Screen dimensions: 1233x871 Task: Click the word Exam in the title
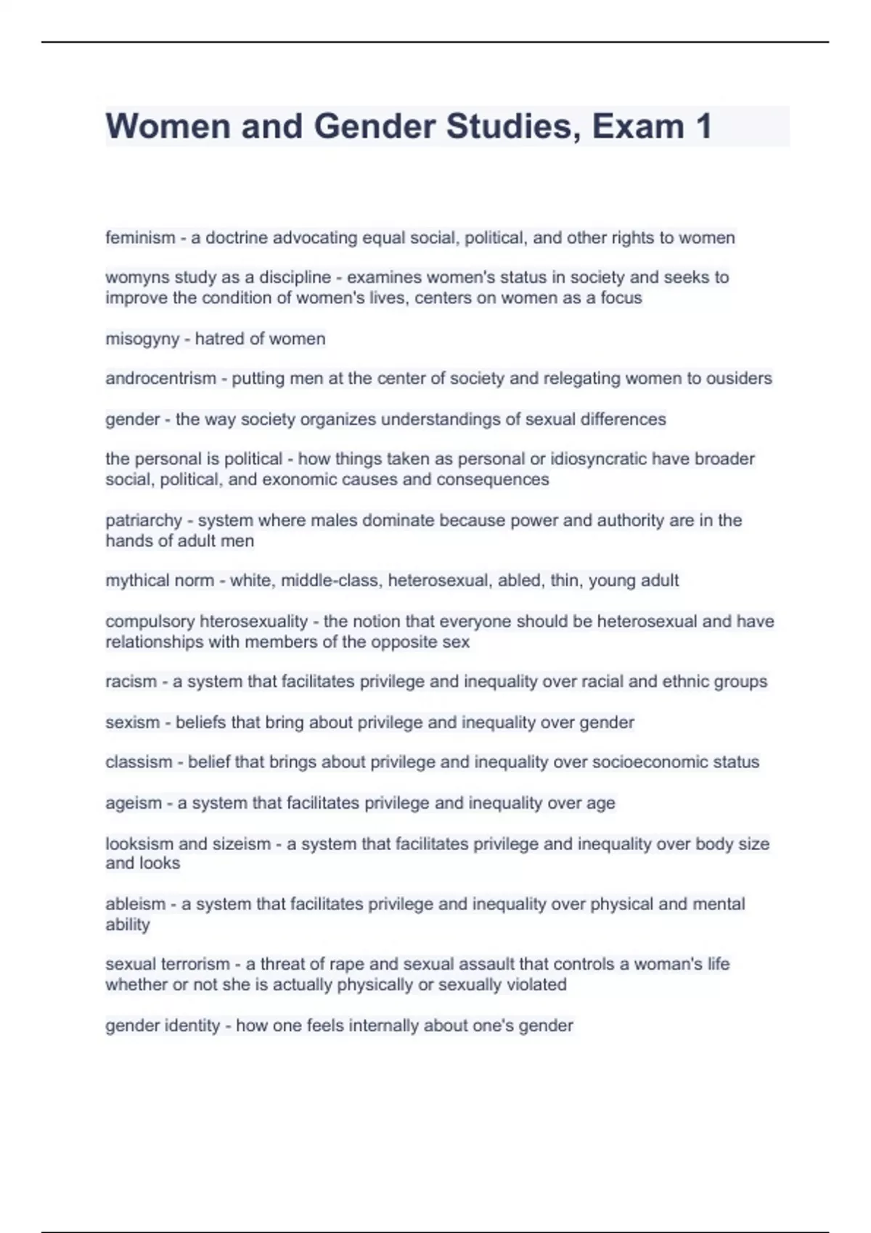(637, 126)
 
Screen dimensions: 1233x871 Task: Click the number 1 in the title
(703, 126)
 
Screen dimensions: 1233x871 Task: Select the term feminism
(140, 238)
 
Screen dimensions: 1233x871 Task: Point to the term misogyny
(142, 339)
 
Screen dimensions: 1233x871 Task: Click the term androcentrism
(160, 379)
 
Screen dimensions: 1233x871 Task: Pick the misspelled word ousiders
(739, 379)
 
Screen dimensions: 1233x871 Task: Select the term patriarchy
(144, 521)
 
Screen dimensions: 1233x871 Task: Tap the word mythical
(136, 581)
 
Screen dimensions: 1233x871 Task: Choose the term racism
(131, 682)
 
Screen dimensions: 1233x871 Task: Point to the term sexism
(132, 722)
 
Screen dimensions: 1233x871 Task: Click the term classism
(139, 762)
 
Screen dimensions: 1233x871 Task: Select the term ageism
(134, 804)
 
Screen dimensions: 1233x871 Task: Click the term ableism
(136, 904)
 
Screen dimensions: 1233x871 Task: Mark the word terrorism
(195, 965)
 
